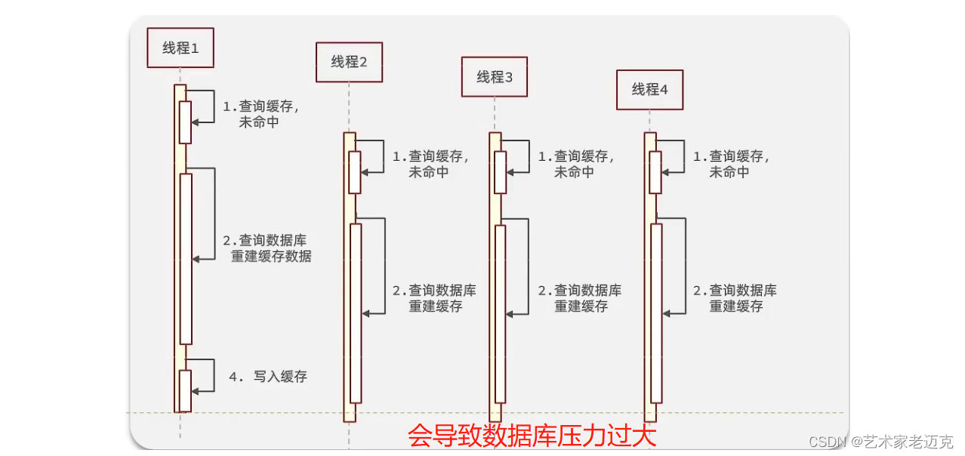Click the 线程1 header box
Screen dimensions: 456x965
click(x=180, y=48)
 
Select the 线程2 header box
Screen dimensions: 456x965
click(x=349, y=62)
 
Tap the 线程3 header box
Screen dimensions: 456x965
click(x=495, y=76)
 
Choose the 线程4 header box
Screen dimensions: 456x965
click(x=650, y=89)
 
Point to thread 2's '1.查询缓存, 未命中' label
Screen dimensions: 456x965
click(x=430, y=164)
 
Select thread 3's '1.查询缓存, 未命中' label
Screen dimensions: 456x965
click(x=575, y=164)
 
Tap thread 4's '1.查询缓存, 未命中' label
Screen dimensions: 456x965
click(x=731, y=164)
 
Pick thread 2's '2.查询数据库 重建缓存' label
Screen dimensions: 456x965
click(x=434, y=298)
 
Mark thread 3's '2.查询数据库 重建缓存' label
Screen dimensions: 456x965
click(x=580, y=298)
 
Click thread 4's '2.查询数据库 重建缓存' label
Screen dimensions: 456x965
click(x=735, y=298)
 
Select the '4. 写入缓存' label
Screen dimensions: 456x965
click(x=269, y=376)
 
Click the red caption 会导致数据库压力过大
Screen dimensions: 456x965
click(x=532, y=436)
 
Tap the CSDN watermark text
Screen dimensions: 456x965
click(x=880, y=442)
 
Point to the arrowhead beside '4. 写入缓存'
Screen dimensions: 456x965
click(x=196, y=390)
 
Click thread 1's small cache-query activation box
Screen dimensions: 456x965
click(x=185, y=122)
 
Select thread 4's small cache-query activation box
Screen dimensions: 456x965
click(x=655, y=172)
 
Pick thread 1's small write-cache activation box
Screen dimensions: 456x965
click(x=185, y=390)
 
